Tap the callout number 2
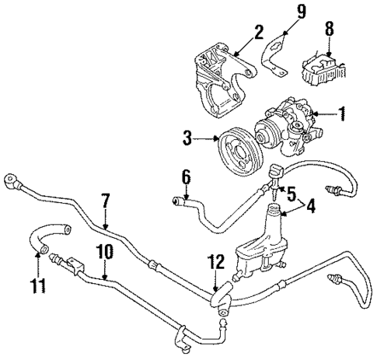coord(258,32)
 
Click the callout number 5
coord(291,192)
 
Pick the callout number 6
coord(185,177)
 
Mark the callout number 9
coord(302,11)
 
